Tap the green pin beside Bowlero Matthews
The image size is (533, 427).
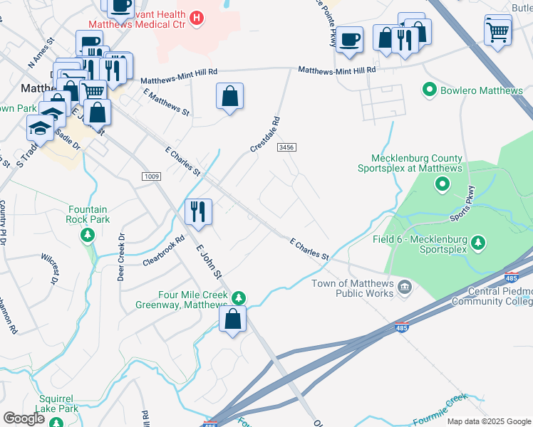[x=430, y=90]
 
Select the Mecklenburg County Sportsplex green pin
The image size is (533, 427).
[x=442, y=185]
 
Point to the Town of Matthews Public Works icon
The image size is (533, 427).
[x=405, y=288]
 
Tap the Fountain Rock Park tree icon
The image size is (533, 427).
[x=88, y=235]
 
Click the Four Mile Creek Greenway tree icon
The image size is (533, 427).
[x=239, y=297]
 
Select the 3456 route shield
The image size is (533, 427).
[x=286, y=147]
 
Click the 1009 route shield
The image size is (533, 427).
[x=152, y=176]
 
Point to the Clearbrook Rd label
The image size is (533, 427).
[x=163, y=251]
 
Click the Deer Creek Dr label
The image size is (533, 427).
[x=121, y=257]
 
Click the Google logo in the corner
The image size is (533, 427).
[x=24, y=418]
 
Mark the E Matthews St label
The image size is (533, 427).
[x=167, y=102]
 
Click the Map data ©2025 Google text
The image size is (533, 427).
[x=488, y=421]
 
